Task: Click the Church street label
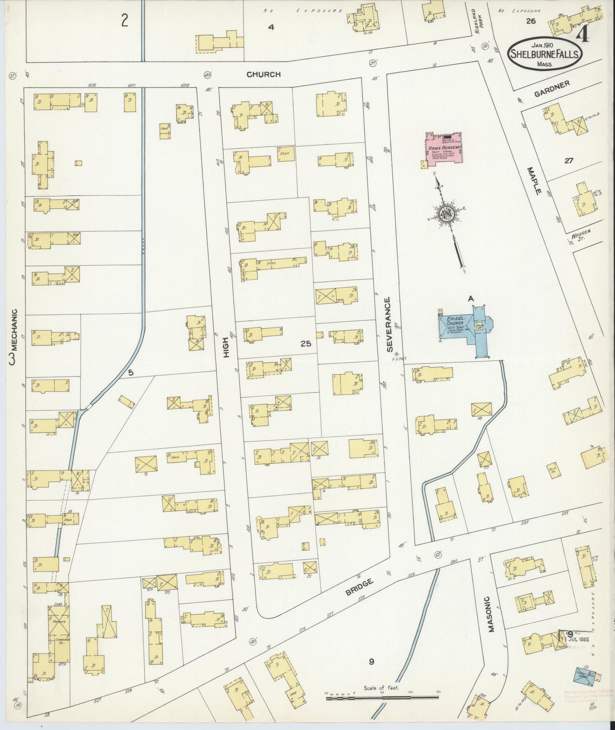pyautogui.click(x=263, y=74)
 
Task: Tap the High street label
pyautogui.click(x=226, y=347)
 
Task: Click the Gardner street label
pyautogui.click(x=552, y=89)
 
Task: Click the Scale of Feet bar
pyautogui.click(x=382, y=698)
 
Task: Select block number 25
pyautogui.click(x=305, y=344)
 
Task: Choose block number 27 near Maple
pyautogui.click(x=568, y=161)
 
